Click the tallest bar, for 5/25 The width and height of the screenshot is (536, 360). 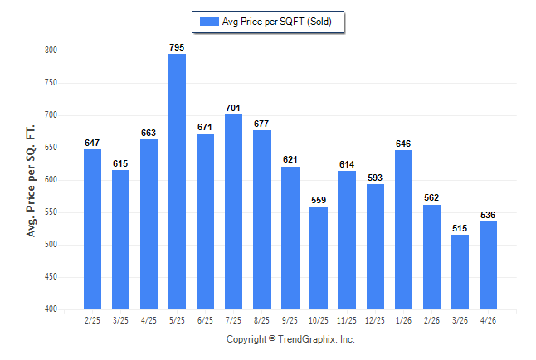click(x=177, y=182)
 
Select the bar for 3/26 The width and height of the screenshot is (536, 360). click(x=460, y=272)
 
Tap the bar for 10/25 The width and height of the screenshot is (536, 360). click(x=319, y=258)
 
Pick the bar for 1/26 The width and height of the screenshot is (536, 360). click(x=403, y=230)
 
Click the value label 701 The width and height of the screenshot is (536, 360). click(x=233, y=108)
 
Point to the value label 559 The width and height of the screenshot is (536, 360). click(x=319, y=200)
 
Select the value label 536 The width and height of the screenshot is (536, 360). click(x=488, y=215)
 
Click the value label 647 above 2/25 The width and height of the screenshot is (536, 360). click(x=92, y=143)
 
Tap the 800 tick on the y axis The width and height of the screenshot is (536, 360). click(x=51, y=51)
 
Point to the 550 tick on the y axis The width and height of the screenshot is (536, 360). click(x=51, y=212)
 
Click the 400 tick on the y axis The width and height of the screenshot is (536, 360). click(x=51, y=309)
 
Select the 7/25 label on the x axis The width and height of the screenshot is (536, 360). click(x=233, y=320)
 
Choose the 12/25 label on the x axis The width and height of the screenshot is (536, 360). click(x=375, y=320)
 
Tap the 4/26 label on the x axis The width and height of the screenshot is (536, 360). click(x=488, y=320)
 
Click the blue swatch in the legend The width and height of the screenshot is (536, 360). click(x=209, y=22)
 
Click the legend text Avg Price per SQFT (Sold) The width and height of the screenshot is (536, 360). click(x=277, y=22)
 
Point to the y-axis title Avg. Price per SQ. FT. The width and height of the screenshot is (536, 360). click(x=31, y=181)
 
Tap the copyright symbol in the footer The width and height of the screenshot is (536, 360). click(x=272, y=338)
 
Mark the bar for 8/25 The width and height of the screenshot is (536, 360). click(x=262, y=220)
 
